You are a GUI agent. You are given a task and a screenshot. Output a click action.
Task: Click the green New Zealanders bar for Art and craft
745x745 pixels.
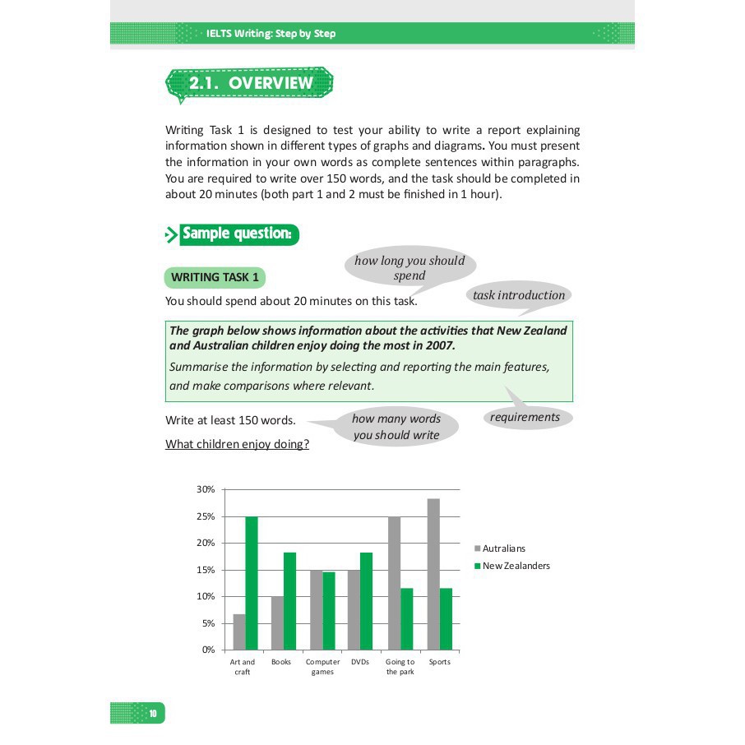pyautogui.click(x=252, y=583)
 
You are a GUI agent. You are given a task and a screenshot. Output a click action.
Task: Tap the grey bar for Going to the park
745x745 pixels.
pyautogui.click(x=394, y=583)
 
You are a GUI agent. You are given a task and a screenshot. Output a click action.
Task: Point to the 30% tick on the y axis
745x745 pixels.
pyautogui.click(x=206, y=489)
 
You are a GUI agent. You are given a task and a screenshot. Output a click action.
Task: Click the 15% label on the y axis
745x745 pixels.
pyautogui.click(x=206, y=570)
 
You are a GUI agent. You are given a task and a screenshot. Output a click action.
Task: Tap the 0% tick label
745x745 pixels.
pyautogui.click(x=208, y=650)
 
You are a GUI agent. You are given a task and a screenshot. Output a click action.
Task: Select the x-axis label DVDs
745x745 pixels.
pyautogui.click(x=359, y=662)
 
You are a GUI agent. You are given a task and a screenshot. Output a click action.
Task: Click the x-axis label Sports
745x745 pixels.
pyautogui.click(x=440, y=662)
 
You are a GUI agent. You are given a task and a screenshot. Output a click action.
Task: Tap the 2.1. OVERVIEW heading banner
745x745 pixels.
pyautogui.click(x=250, y=84)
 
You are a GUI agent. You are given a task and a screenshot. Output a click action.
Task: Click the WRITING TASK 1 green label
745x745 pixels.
pyautogui.click(x=215, y=278)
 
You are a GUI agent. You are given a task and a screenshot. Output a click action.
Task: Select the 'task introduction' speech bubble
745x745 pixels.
pyautogui.click(x=519, y=296)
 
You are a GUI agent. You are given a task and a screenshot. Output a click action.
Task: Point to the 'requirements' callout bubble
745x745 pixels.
pyautogui.click(x=525, y=417)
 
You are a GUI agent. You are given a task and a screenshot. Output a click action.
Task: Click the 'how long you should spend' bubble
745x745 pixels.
pyautogui.click(x=410, y=268)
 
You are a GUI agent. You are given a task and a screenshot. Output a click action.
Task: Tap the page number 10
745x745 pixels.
pyautogui.click(x=153, y=713)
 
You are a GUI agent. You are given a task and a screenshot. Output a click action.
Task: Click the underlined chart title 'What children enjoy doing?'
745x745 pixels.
pyautogui.click(x=237, y=445)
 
